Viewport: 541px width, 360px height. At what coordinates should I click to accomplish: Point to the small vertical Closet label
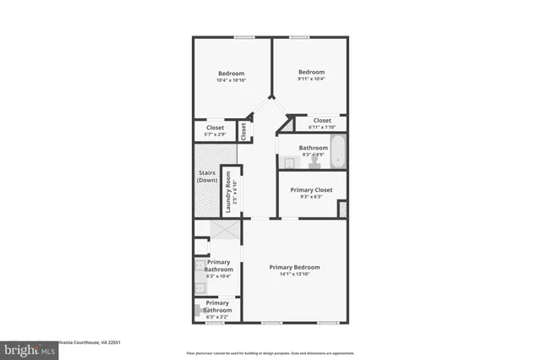tap(243, 131)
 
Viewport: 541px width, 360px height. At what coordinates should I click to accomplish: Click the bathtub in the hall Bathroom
tap(338, 152)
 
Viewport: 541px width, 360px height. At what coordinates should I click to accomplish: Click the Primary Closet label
tap(311, 190)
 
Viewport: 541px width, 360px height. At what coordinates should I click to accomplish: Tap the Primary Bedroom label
tap(294, 267)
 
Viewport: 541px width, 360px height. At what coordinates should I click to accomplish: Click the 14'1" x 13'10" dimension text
tap(294, 275)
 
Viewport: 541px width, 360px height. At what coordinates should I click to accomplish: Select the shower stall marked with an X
tap(224, 232)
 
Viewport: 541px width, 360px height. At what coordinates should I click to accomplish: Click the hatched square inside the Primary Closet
tap(342, 209)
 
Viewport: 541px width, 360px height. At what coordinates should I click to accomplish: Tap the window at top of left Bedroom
tap(245, 36)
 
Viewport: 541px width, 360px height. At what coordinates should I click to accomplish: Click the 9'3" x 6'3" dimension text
tap(311, 198)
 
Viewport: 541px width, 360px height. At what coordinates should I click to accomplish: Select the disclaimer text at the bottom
tap(270, 352)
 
